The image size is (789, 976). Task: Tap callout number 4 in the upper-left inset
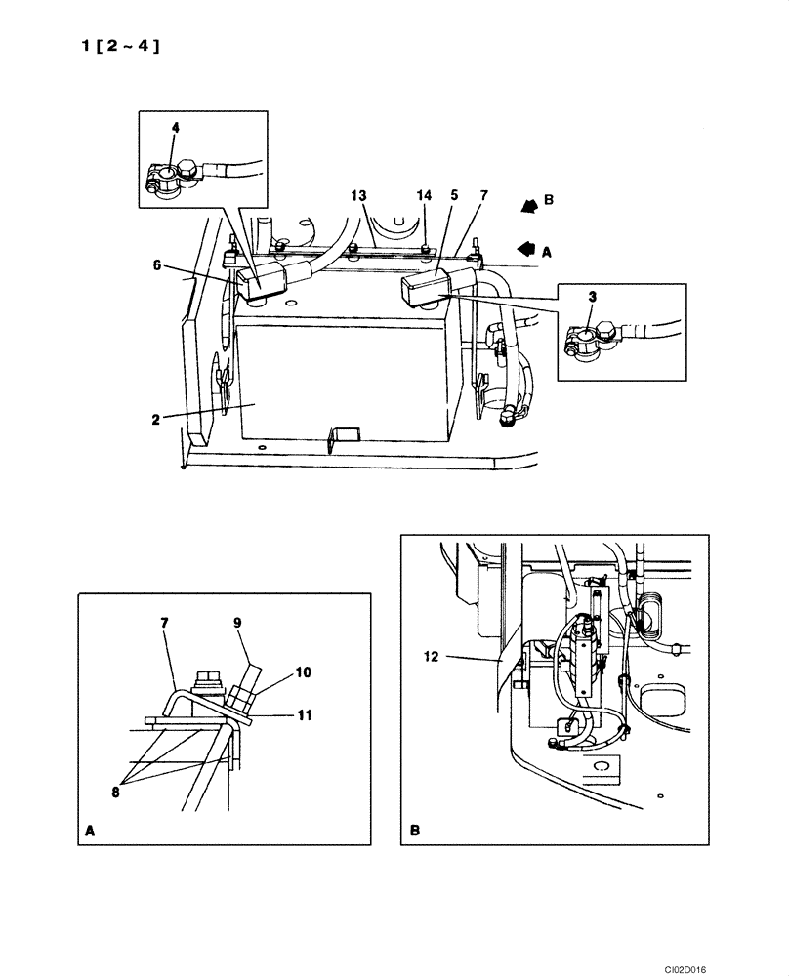tap(176, 127)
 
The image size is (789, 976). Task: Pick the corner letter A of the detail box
tap(91, 832)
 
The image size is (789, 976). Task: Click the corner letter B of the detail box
tap(415, 832)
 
